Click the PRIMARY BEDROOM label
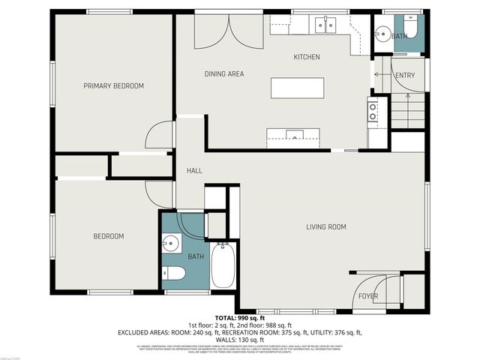(113, 86)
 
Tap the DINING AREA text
(224, 73)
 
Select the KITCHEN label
(306, 57)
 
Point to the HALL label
(194, 171)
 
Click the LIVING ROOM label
(325, 226)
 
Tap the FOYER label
(367, 296)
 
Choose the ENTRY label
(404, 75)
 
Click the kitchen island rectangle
(293, 88)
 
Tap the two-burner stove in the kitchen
(372, 112)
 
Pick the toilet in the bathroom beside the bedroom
(173, 273)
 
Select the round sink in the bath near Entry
(383, 33)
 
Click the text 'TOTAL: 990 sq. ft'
(239, 318)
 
